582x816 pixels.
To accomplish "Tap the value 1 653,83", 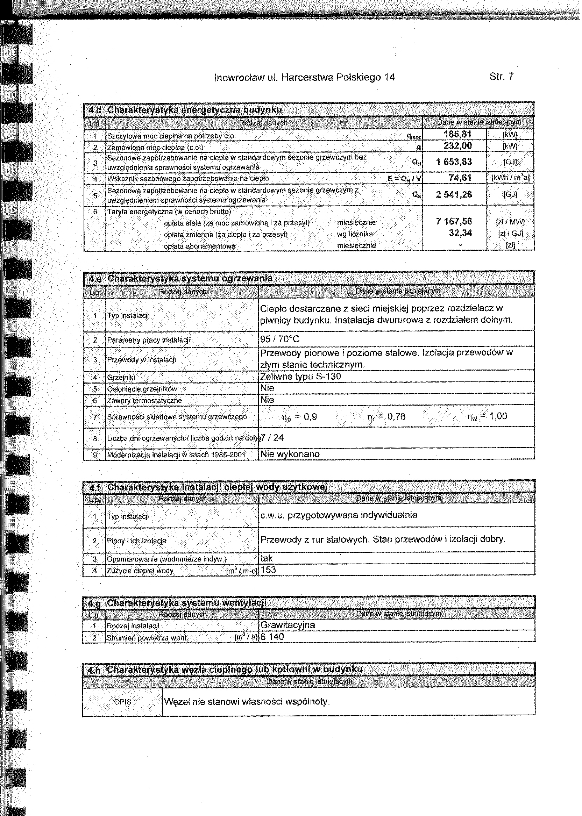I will click(x=454, y=162).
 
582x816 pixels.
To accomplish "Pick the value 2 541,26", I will click(x=454, y=194).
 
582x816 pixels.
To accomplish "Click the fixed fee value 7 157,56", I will click(x=454, y=222).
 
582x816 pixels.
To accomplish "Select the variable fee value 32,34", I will click(x=461, y=233).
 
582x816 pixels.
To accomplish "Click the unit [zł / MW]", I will click(x=510, y=222).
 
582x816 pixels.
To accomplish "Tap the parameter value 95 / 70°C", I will click(x=279, y=339).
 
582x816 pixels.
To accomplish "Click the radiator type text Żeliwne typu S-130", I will click(x=300, y=377).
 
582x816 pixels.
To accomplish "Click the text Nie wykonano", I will click(x=290, y=454).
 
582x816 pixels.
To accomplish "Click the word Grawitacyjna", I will click(x=288, y=625).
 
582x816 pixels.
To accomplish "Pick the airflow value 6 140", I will click(x=272, y=637).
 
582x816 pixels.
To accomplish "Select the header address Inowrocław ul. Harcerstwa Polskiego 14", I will click(x=304, y=77).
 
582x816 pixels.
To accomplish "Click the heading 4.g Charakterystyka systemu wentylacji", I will click(x=177, y=603).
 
